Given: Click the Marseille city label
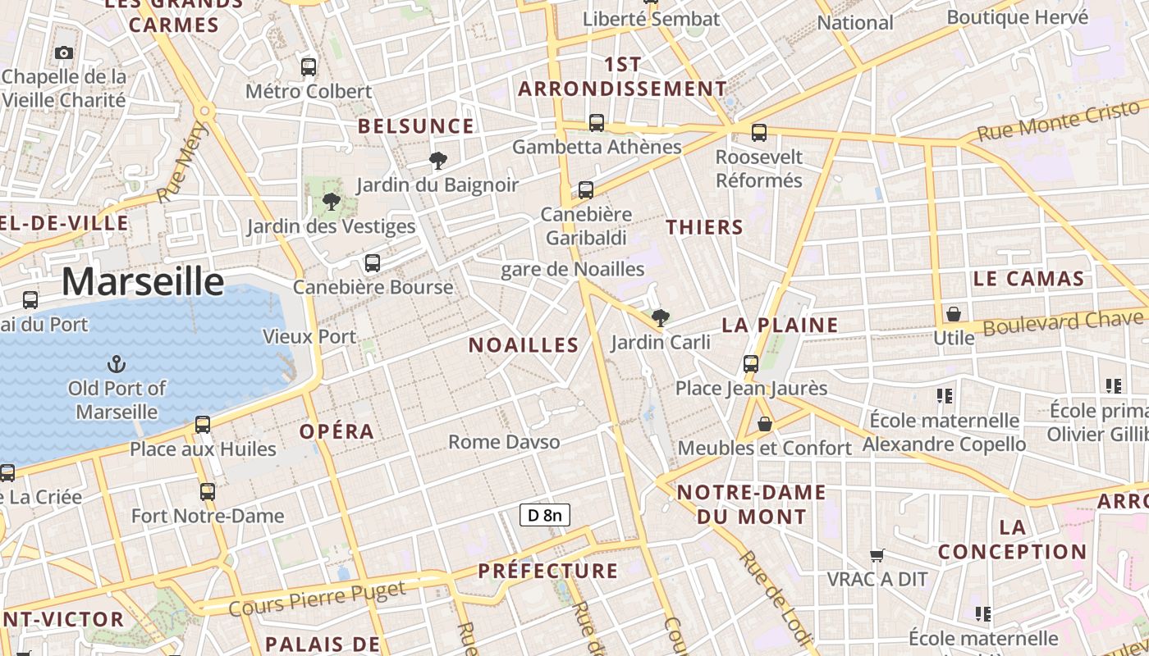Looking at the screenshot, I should [x=142, y=281].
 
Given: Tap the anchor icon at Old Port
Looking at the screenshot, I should [x=117, y=363].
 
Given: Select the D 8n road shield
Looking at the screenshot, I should [x=545, y=515].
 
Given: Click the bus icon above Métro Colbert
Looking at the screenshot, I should [x=309, y=67].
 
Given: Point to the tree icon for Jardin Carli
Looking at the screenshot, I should [x=660, y=318].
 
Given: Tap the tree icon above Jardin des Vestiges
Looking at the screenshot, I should [x=331, y=202].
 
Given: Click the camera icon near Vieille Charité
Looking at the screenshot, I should [x=64, y=53].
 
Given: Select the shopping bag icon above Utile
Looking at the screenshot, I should [x=953, y=314].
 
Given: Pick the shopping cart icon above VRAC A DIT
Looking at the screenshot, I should [x=877, y=556].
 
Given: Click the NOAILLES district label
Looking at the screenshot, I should [x=524, y=345].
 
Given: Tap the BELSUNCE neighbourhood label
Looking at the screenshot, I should [x=416, y=126].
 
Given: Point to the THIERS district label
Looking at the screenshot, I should [x=704, y=228].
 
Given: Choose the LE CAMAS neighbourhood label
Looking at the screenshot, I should [x=1028, y=279].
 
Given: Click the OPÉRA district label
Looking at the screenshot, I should [x=336, y=431].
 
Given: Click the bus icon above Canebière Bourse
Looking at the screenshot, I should [x=373, y=263].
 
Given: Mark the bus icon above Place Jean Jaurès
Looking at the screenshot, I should [x=751, y=364].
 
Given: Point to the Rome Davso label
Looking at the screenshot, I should [x=504, y=442].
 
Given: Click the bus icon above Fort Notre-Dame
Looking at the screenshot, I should [x=208, y=492].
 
